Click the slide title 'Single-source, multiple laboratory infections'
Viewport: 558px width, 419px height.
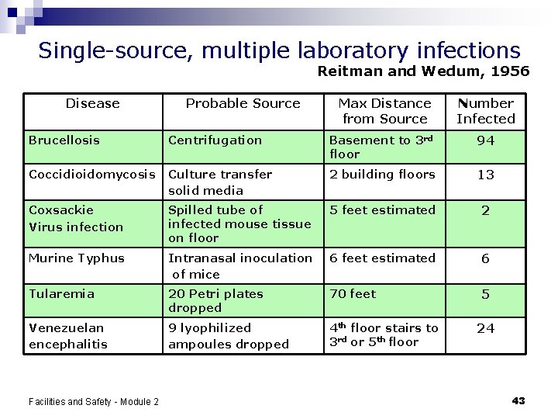(x=279, y=50)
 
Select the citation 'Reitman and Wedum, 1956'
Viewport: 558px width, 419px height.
(x=424, y=71)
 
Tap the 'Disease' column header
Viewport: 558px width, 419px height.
(x=92, y=103)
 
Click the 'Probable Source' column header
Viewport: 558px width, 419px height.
(x=243, y=103)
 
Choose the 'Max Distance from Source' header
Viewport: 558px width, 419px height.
(x=384, y=111)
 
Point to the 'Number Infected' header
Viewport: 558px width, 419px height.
(x=485, y=111)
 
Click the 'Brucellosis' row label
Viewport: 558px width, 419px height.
(x=64, y=140)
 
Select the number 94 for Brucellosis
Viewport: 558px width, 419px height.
(x=485, y=141)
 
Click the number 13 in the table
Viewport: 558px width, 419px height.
(x=485, y=175)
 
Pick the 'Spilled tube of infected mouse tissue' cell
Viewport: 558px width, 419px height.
(x=239, y=223)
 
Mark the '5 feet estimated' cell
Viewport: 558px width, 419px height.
(x=382, y=210)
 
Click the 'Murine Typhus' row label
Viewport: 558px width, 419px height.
(x=77, y=258)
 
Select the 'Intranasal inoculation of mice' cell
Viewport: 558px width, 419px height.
(x=240, y=266)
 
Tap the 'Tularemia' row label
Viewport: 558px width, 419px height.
(x=61, y=294)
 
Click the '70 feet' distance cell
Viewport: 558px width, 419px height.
(x=353, y=294)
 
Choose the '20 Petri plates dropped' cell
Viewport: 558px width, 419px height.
(x=215, y=301)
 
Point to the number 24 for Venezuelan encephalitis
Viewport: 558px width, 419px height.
(x=485, y=328)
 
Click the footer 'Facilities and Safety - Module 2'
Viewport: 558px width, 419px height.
(x=93, y=401)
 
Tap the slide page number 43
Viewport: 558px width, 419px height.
(x=518, y=400)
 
